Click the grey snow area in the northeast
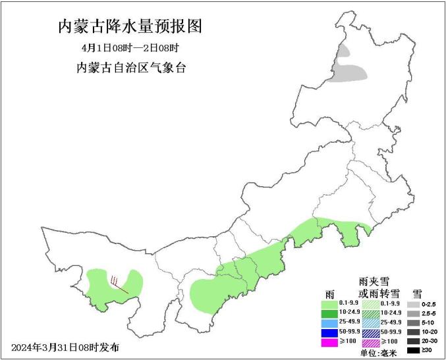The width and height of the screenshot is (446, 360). [x=349, y=71]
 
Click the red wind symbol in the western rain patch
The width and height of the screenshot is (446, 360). [x=117, y=283]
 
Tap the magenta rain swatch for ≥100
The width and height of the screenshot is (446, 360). [x=329, y=342]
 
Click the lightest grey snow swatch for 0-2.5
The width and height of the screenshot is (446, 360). [x=414, y=305]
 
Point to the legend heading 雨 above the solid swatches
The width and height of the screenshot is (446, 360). [x=329, y=293]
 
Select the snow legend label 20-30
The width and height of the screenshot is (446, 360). [x=429, y=342]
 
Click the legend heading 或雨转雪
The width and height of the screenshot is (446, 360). [x=379, y=293]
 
